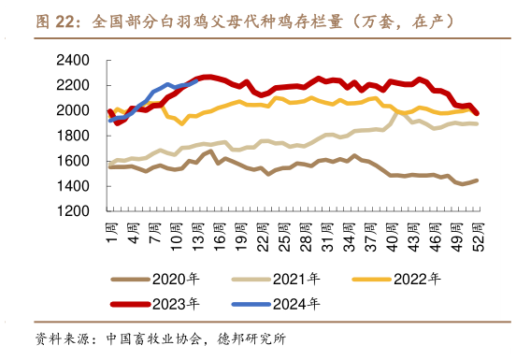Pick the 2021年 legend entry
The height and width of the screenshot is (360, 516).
(x=297, y=279)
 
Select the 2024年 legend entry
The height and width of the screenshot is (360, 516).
(x=297, y=303)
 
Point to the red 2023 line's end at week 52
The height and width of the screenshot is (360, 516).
(x=477, y=113)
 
